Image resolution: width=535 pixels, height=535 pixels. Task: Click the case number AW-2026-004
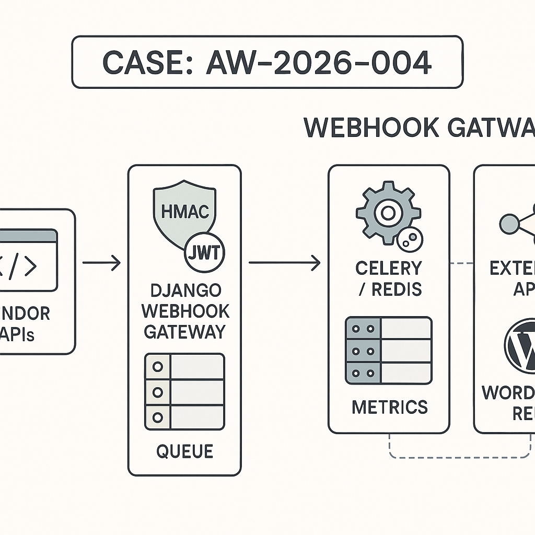coord(319,63)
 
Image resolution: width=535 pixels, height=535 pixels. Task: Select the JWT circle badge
coord(205,253)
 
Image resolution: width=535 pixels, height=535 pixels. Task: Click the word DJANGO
coord(185,290)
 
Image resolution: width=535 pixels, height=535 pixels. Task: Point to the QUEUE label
coord(185,451)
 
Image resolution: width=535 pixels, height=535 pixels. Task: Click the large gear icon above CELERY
coord(388,212)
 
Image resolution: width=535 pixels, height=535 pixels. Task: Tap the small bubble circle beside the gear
coord(410,240)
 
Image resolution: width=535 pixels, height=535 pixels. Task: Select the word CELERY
coord(388,268)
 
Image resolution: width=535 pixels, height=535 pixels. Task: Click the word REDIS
coord(397,289)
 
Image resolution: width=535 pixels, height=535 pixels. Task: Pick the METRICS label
coord(389,406)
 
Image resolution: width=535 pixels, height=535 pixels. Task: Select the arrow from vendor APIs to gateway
coord(101,263)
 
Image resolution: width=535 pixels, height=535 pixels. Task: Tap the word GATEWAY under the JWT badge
coord(185,331)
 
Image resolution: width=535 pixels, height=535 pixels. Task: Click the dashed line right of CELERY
coord(461,262)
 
